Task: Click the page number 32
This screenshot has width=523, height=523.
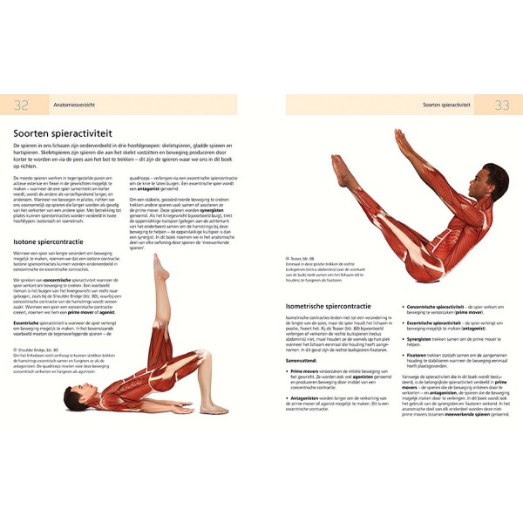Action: click(20, 105)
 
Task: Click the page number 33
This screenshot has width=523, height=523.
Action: click(502, 105)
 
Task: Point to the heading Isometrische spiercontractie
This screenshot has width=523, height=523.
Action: click(332, 307)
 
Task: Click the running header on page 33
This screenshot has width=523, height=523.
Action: click(454, 105)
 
